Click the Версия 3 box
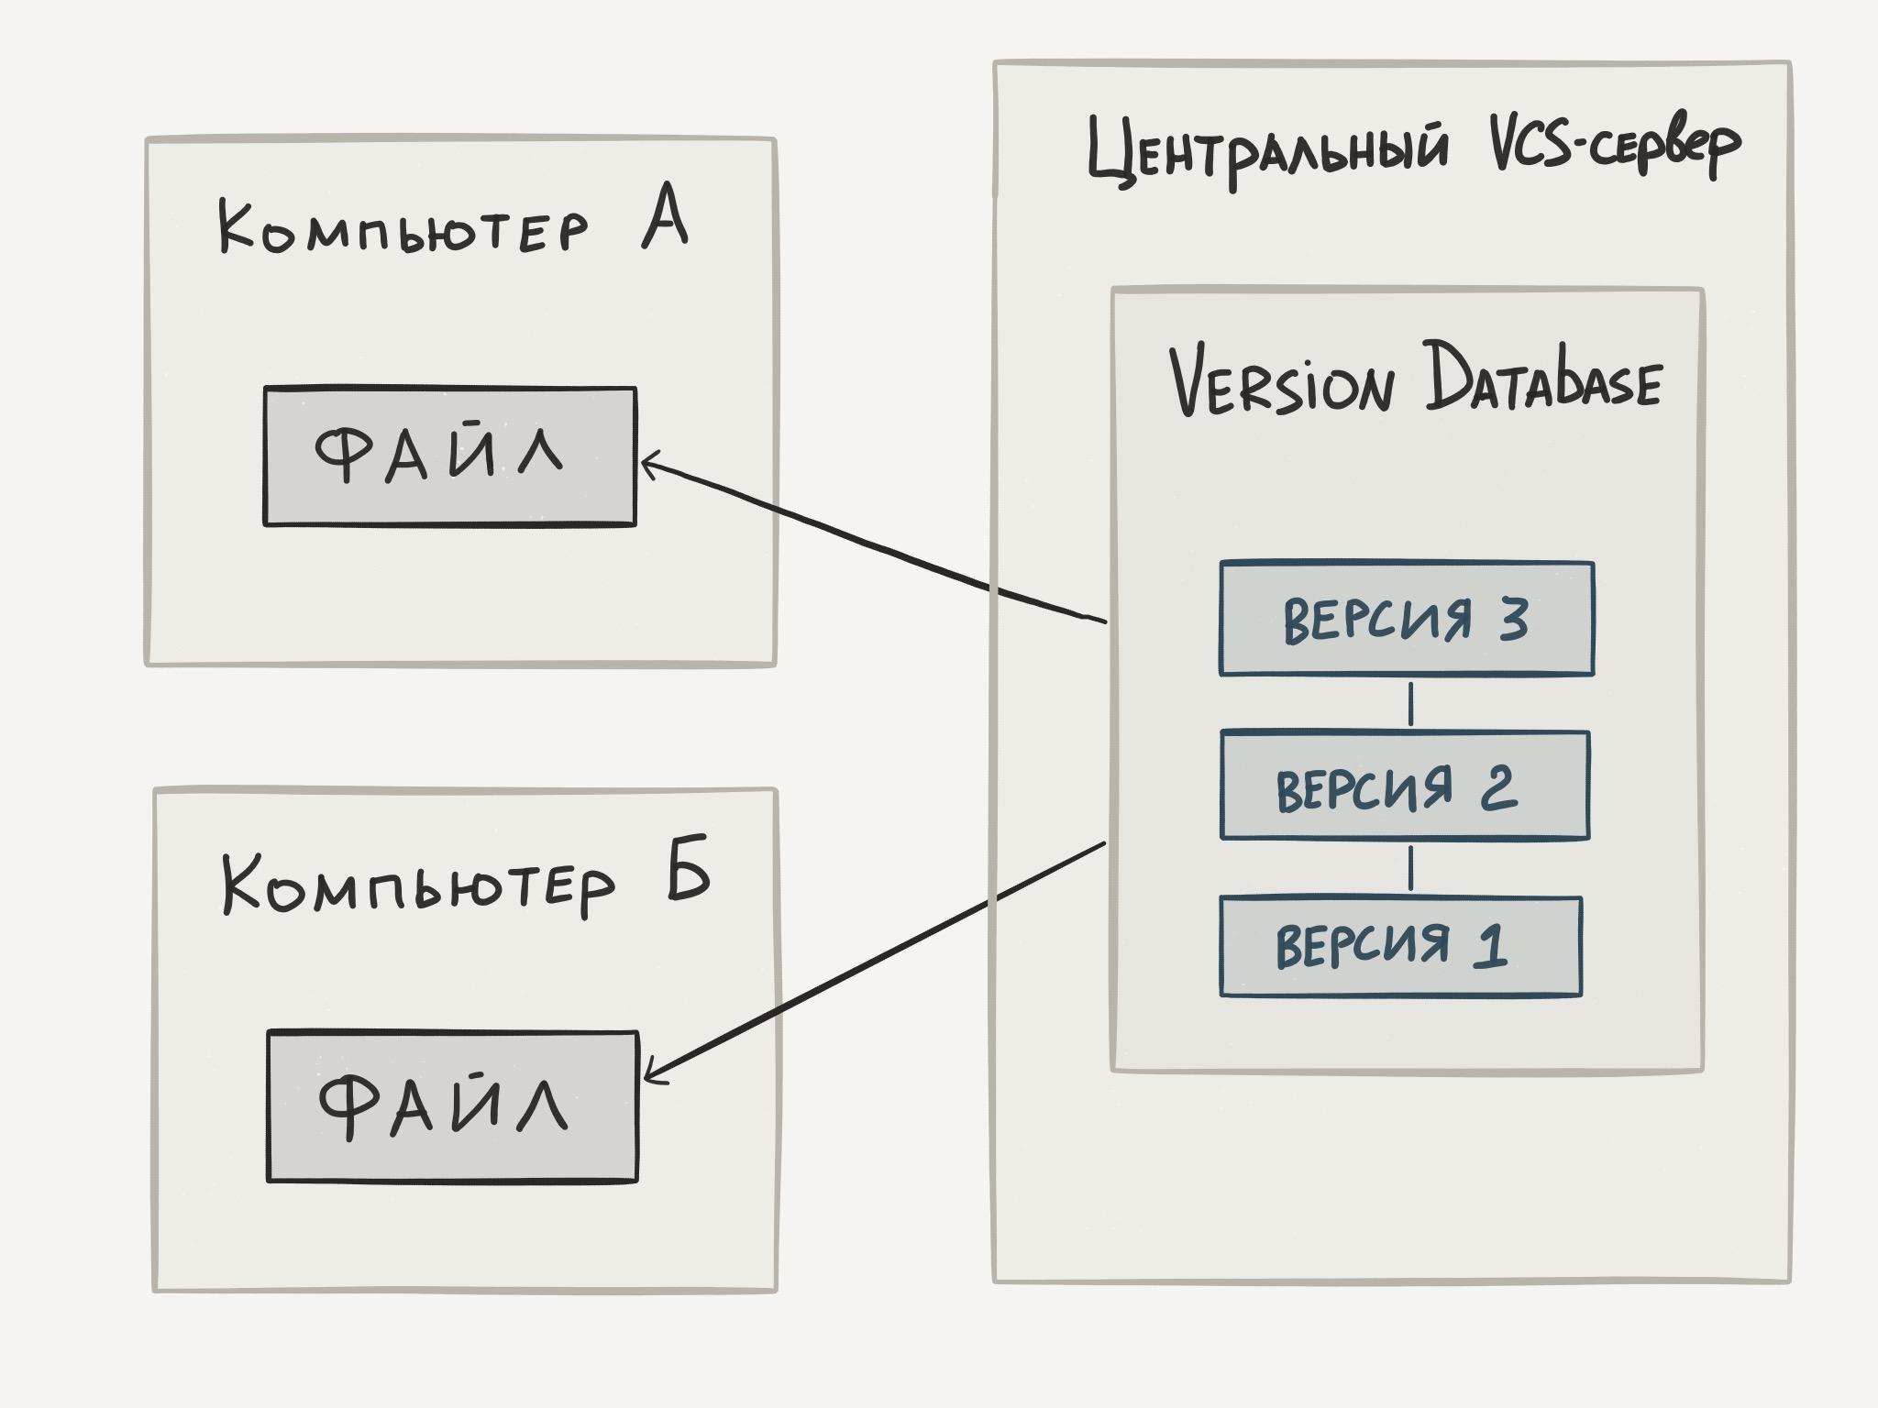coord(1406,619)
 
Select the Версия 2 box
coord(1404,786)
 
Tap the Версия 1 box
coord(1400,946)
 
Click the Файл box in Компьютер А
coord(449,456)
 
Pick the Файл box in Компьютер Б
coord(452,1106)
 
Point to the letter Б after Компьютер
coord(688,868)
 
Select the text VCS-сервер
coord(1614,148)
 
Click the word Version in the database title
coord(1282,382)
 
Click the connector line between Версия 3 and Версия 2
coord(1410,703)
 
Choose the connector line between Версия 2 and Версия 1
coord(1410,868)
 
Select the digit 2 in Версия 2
coord(1497,786)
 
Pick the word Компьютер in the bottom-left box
coord(417,885)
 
